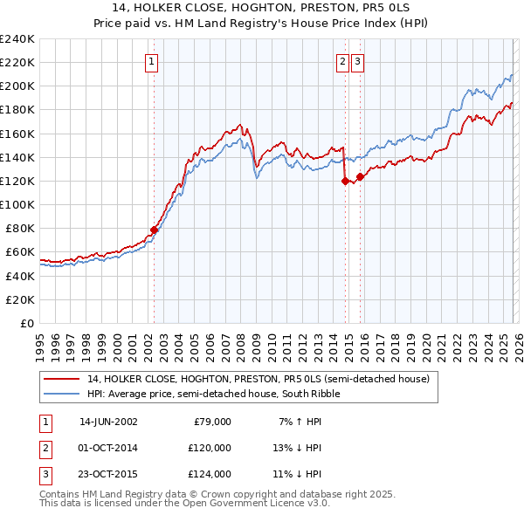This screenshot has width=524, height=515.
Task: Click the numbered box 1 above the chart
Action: (x=152, y=61)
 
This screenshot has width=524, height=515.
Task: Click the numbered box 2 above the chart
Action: (x=342, y=61)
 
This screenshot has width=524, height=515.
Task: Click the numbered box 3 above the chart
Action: (x=358, y=61)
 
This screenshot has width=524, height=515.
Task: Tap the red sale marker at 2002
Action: (x=155, y=230)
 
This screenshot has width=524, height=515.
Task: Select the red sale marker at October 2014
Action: (x=345, y=181)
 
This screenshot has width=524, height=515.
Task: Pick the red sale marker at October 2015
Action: (x=361, y=176)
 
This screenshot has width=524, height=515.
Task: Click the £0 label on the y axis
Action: (x=27, y=323)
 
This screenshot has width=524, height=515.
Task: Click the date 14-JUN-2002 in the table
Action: (x=108, y=422)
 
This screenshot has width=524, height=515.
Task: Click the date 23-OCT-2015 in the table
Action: (x=108, y=475)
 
